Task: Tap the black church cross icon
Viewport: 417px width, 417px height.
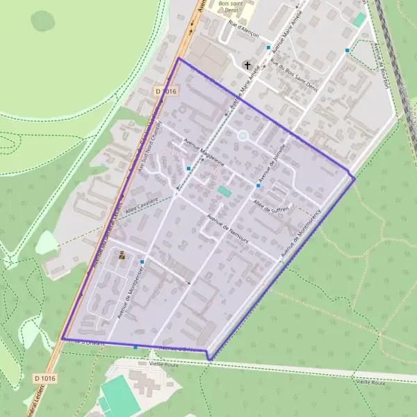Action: click(x=247, y=65)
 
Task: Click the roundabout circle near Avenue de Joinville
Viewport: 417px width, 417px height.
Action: click(x=243, y=136)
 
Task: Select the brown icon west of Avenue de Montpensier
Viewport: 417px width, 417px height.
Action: click(x=122, y=256)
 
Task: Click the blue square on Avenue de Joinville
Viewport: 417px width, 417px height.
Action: click(x=259, y=186)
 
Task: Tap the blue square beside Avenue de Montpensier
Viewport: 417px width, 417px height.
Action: click(x=142, y=261)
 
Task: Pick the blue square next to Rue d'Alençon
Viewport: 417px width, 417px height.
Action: click(x=268, y=47)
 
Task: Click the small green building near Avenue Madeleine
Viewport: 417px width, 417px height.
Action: click(x=224, y=190)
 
